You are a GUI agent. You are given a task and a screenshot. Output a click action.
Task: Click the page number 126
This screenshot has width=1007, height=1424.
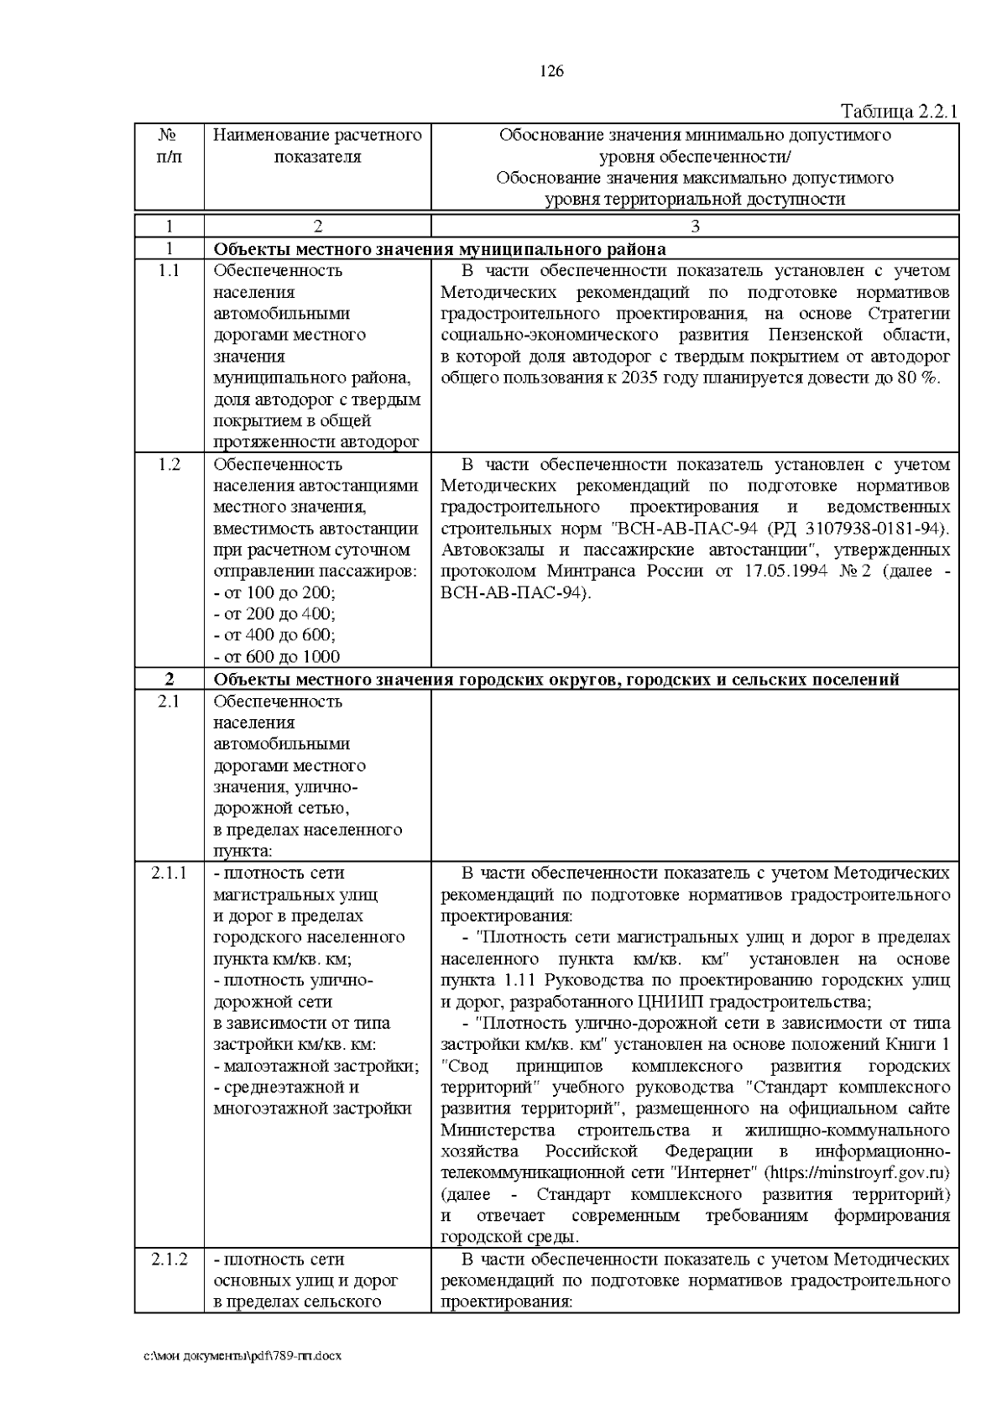tap(551, 71)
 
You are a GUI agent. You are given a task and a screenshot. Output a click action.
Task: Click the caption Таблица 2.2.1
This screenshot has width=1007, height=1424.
tap(899, 112)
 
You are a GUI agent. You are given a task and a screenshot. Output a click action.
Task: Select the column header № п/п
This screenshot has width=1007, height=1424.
tap(169, 146)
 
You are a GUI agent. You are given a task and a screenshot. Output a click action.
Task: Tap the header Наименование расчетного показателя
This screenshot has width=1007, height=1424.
tap(317, 146)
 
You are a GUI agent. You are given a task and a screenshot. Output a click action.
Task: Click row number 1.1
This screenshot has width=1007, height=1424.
tap(169, 271)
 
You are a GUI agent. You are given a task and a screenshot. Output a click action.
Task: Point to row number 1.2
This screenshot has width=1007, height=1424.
tap(169, 465)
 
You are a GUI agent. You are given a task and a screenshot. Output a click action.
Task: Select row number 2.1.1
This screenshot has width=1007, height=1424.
tap(169, 874)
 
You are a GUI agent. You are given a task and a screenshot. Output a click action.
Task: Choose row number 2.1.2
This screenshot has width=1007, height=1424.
tap(169, 1260)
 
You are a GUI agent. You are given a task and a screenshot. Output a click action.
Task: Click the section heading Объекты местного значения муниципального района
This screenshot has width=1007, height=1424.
tap(440, 249)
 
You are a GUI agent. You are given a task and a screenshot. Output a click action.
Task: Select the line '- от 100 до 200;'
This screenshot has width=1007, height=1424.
tap(274, 593)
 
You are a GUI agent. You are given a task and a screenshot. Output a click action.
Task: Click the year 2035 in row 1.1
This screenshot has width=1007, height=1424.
tap(640, 378)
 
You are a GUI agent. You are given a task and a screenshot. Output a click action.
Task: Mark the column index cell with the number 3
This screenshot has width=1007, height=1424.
tap(695, 226)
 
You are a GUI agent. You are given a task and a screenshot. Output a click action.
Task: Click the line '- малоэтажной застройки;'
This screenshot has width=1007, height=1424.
tap(316, 1067)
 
